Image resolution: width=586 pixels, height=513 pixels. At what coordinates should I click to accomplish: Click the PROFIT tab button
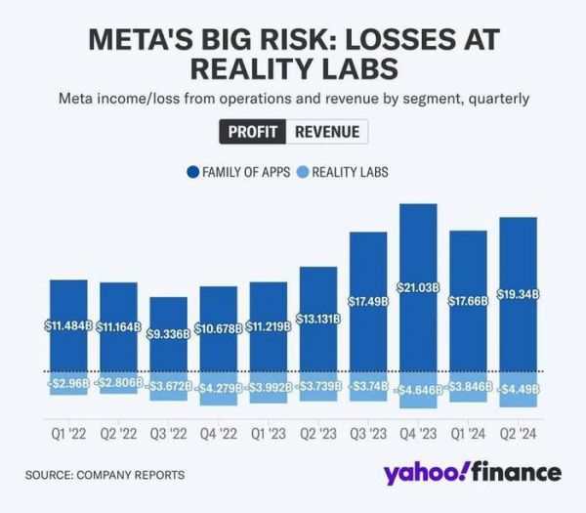(252, 132)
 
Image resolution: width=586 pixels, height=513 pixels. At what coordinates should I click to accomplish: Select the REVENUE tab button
(326, 132)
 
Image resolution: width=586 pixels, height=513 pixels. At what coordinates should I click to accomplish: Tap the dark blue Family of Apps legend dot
(192, 172)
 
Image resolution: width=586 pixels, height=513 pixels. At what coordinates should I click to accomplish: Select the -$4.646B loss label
(418, 389)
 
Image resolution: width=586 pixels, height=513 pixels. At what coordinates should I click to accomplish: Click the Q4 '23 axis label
(418, 431)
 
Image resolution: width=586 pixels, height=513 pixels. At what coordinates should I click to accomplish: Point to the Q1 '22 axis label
(68, 431)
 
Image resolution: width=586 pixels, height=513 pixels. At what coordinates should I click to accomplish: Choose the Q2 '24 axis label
(518, 431)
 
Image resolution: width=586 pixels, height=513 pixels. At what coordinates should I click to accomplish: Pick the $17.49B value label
(368, 301)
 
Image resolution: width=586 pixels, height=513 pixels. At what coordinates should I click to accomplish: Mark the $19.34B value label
(519, 294)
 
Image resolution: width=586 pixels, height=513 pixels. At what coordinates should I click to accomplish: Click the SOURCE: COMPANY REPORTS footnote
(105, 476)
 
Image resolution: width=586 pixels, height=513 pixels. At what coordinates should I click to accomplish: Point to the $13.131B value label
(318, 319)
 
